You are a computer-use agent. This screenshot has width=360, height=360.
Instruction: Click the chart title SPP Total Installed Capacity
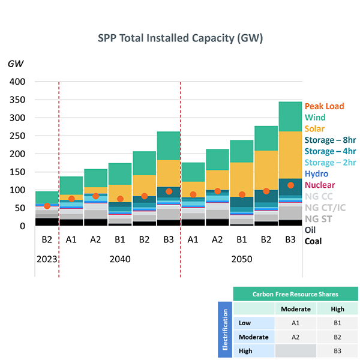click(x=180, y=39)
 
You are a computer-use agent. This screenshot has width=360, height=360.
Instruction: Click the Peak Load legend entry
click(x=324, y=106)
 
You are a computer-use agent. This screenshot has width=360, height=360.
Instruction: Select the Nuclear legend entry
click(x=320, y=185)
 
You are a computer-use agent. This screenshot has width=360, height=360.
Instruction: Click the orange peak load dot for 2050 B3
click(x=290, y=185)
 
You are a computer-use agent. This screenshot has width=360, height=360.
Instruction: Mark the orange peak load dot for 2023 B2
click(x=47, y=206)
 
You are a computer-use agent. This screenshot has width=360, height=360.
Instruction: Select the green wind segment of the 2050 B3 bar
click(x=290, y=116)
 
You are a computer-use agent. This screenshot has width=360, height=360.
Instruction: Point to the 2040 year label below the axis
click(x=120, y=260)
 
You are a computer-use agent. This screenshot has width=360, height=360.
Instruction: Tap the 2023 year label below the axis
click(x=47, y=260)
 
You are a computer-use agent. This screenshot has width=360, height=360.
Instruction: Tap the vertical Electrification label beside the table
click(x=226, y=329)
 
